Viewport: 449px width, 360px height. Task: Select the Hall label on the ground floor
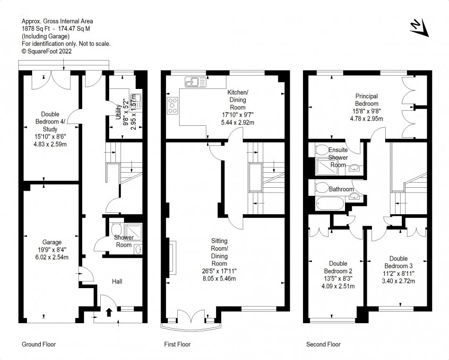tap(117, 281)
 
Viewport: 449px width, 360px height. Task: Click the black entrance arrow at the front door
tap(109, 312)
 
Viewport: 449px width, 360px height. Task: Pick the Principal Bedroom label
tap(367, 100)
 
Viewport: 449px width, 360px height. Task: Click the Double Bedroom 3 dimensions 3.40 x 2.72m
tap(398, 281)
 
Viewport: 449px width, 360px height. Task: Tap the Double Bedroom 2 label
tap(338, 267)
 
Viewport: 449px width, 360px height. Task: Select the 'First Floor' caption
tap(177, 344)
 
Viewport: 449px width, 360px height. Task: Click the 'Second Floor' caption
tap(323, 344)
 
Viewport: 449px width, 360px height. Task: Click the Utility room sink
tap(140, 101)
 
